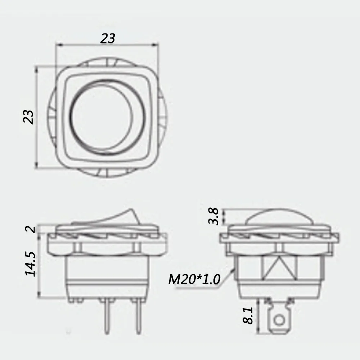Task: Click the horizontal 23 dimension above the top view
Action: pos(108,38)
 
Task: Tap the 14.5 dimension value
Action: pos(30,264)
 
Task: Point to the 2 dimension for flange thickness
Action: pos(32,229)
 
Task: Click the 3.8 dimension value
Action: pos(214,216)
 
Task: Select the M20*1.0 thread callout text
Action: pos(194,279)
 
